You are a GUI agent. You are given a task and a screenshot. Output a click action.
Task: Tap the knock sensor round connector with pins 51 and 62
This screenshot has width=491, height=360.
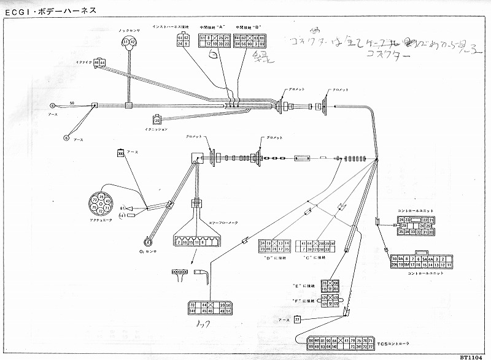(128, 42)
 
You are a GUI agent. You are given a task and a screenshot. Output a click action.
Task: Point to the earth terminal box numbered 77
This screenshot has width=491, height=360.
(298, 320)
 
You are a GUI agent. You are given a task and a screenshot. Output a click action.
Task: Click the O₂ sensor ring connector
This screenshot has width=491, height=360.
(148, 242)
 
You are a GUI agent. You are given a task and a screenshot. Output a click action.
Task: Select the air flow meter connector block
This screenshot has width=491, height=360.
(195, 242)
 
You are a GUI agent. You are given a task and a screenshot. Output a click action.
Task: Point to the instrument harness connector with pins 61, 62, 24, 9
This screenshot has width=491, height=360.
(183, 41)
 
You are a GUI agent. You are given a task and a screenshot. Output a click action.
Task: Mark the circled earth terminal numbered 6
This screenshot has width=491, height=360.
(67, 138)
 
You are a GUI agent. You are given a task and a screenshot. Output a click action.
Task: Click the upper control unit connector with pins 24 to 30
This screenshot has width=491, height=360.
(416, 225)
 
